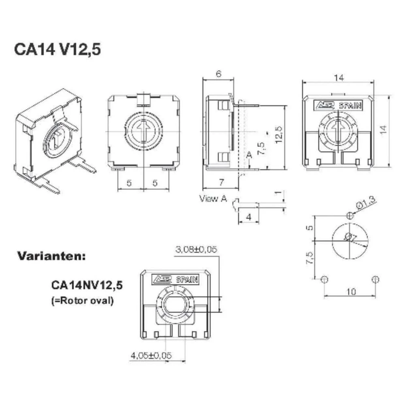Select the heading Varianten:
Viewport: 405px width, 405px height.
[51, 256]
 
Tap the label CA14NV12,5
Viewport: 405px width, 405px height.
[87, 285]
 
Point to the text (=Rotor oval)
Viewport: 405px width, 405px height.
[83, 301]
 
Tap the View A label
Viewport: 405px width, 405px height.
[213, 198]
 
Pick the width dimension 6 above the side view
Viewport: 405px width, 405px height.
[218, 74]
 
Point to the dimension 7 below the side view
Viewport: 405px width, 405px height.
[221, 183]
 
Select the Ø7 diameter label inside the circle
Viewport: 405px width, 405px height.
[349, 238]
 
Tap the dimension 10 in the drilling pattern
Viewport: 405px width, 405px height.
[350, 292]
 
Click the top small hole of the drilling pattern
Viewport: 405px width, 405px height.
[351, 215]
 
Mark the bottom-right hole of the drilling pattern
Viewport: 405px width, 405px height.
[375, 279]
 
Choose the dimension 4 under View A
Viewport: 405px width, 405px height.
[248, 217]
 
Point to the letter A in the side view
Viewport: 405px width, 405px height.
[249, 155]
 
